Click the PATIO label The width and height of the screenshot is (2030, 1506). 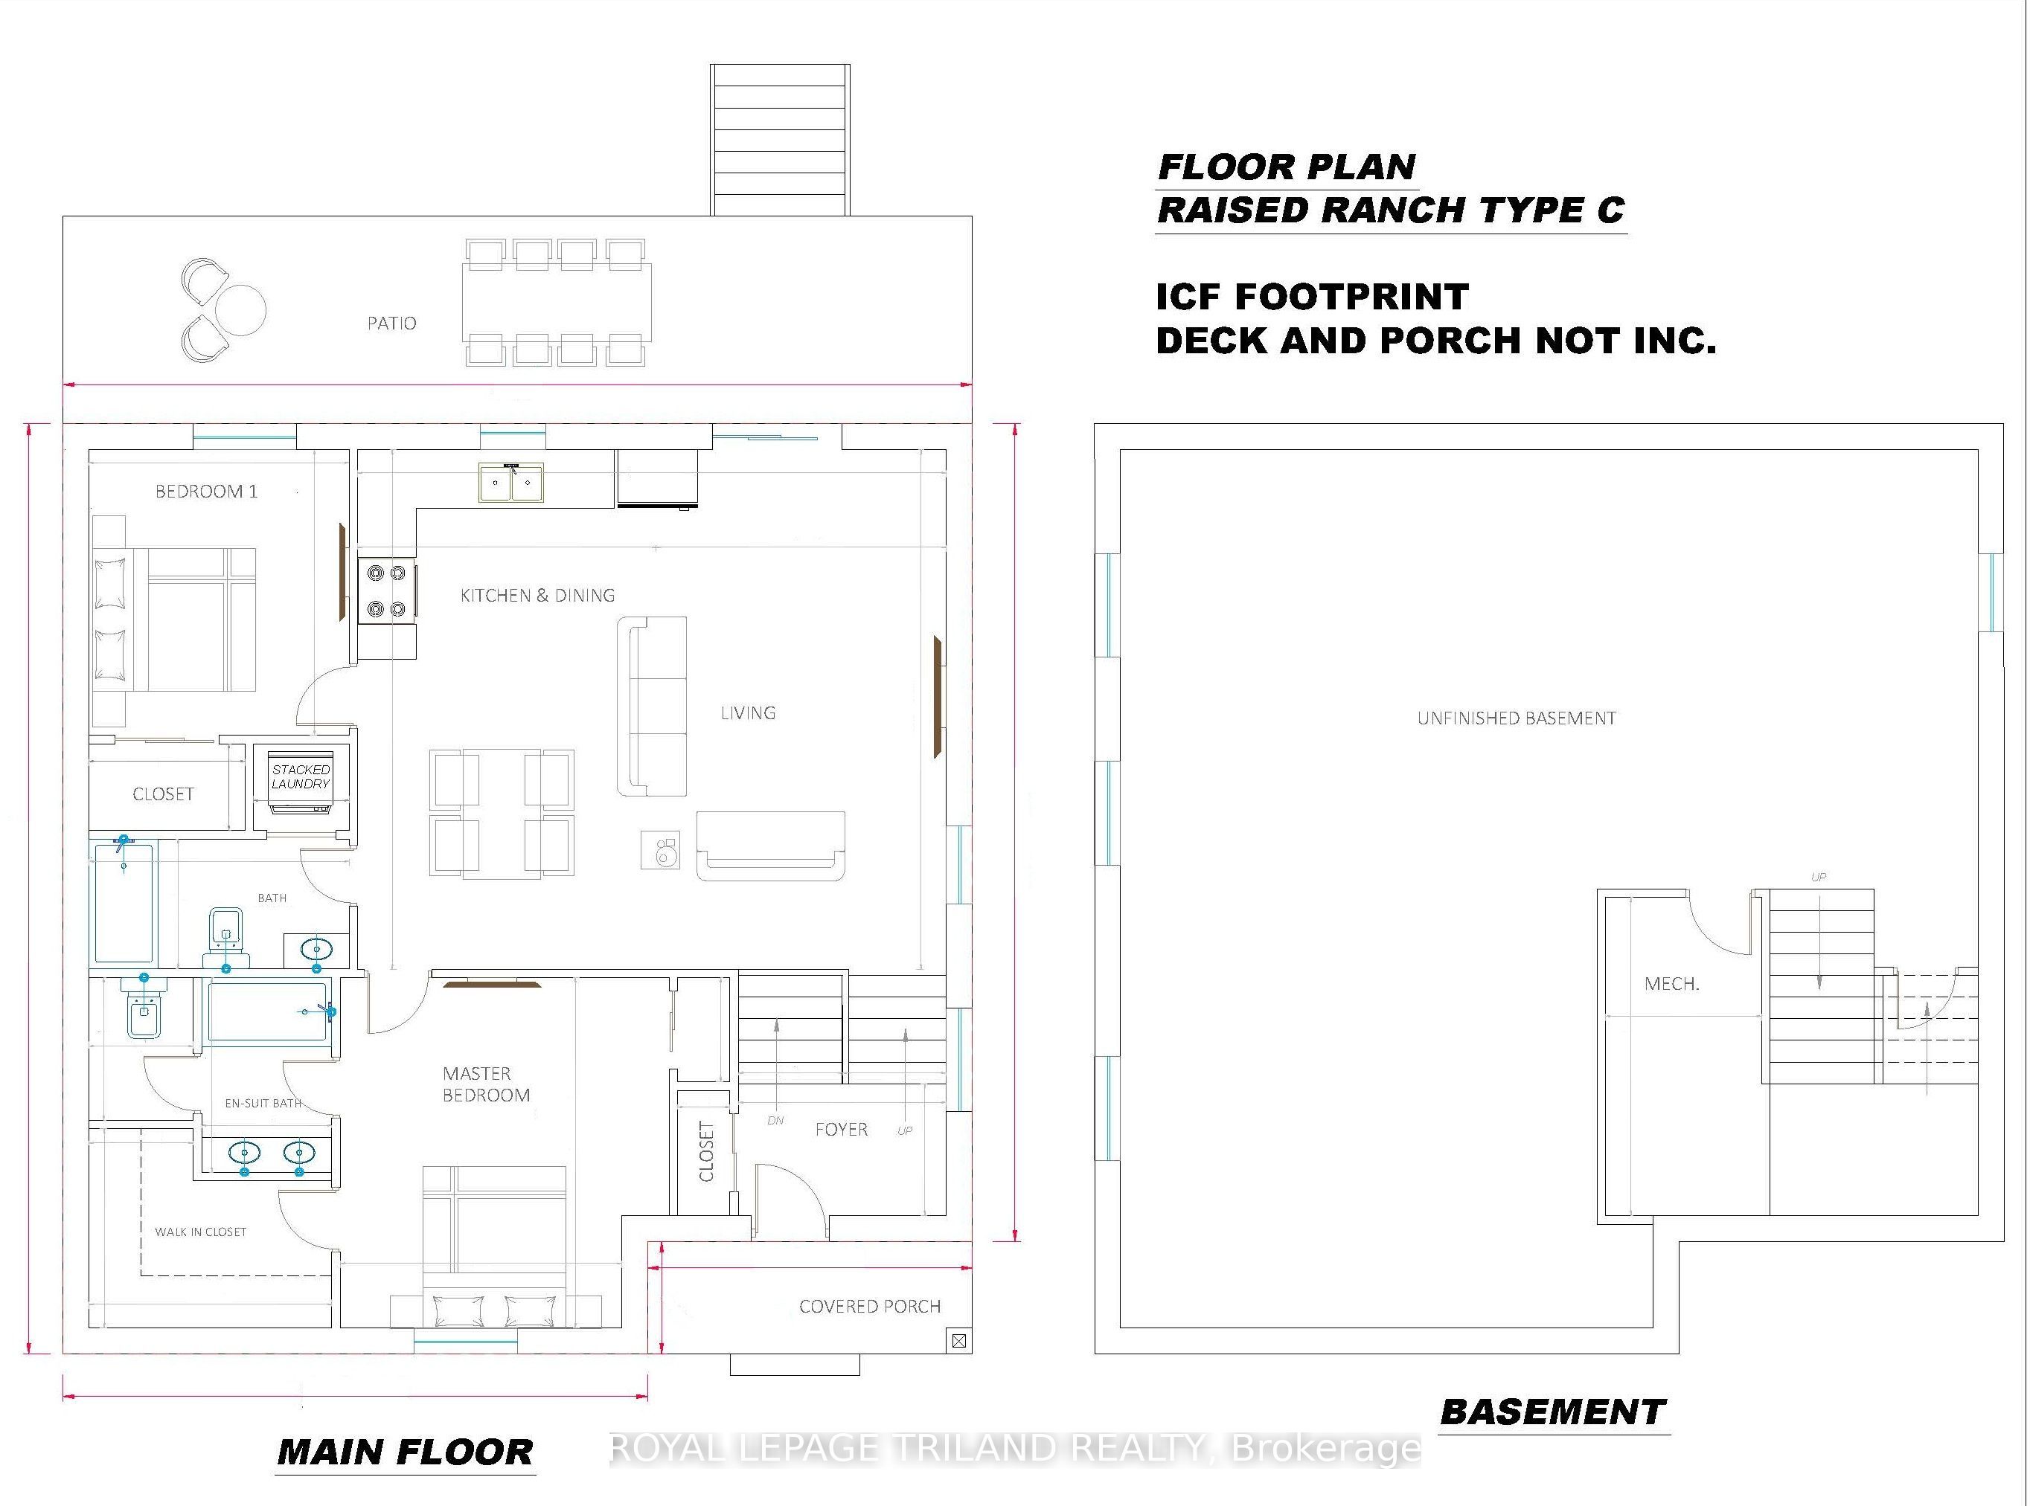[x=391, y=323]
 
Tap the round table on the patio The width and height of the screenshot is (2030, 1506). [x=241, y=309]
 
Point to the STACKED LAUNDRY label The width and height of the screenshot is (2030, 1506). [x=300, y=776]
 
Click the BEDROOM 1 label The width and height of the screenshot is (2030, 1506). [x=206, y=492]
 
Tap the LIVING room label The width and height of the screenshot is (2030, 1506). [x=748, y=713]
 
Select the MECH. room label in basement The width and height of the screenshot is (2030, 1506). [x=1671, y=984]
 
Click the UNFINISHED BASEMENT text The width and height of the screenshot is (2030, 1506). [x=1517, y=718]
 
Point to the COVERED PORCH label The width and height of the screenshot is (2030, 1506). [x=870, y=1307]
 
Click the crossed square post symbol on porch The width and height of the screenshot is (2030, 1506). [x=958, y=1340]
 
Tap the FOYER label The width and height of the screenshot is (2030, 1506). [x=841, y=1130]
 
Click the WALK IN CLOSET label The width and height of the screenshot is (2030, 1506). [x=201, y=1232]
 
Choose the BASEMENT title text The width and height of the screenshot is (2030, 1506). [x=1554, y=1412]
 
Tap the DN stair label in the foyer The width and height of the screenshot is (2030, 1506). [x=775, y=1120]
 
